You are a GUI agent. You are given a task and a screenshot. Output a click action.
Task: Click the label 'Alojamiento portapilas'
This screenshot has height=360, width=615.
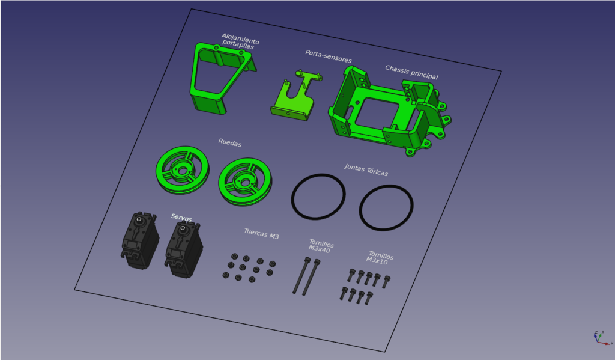click(240, 41)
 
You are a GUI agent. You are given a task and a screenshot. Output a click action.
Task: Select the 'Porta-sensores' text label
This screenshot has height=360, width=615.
click(329, 56)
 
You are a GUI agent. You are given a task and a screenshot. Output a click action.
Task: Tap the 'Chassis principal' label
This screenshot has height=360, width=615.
click(411, 72)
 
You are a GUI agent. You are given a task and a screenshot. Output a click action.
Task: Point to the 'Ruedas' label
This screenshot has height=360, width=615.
click(230, 142)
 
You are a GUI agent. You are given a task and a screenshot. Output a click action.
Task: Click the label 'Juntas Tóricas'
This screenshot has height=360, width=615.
click(366, 170)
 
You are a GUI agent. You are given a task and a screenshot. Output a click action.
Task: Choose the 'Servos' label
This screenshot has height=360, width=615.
click(181, 218)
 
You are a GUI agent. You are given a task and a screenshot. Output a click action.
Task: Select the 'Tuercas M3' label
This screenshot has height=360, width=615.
click(262, 234)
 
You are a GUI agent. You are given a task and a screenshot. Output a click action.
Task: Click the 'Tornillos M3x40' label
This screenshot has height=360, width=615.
click(321, 246)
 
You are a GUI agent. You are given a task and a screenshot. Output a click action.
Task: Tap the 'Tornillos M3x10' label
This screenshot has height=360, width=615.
click(380, 258)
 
